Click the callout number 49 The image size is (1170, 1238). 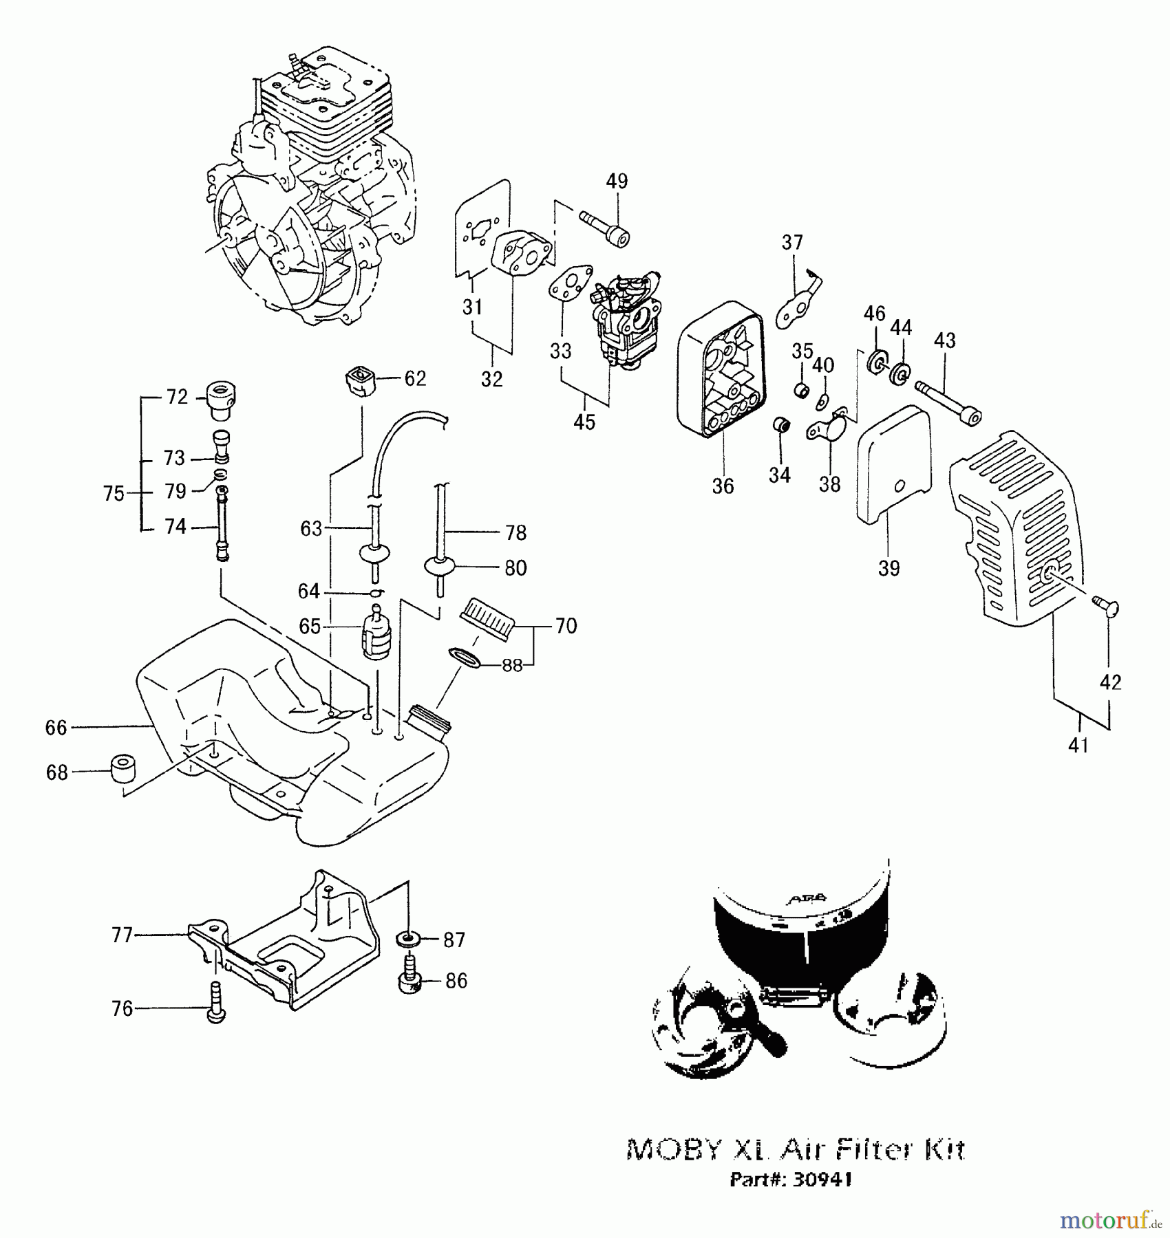click(x=617, y=181)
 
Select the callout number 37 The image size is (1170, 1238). click(x=792, y=242)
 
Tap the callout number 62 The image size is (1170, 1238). click(x=415, y=378)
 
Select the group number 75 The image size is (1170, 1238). click(x=114, y=493)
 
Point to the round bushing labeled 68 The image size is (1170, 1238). click(x=123, y=768)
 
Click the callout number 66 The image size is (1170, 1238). click(x=56, y=728)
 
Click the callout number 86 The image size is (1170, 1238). click(x=456, y=981)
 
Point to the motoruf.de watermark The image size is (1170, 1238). click(x=1109, y=1221)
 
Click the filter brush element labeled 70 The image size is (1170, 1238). click(x=488, y=618)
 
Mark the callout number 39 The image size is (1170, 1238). click(x=889, y=568)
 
